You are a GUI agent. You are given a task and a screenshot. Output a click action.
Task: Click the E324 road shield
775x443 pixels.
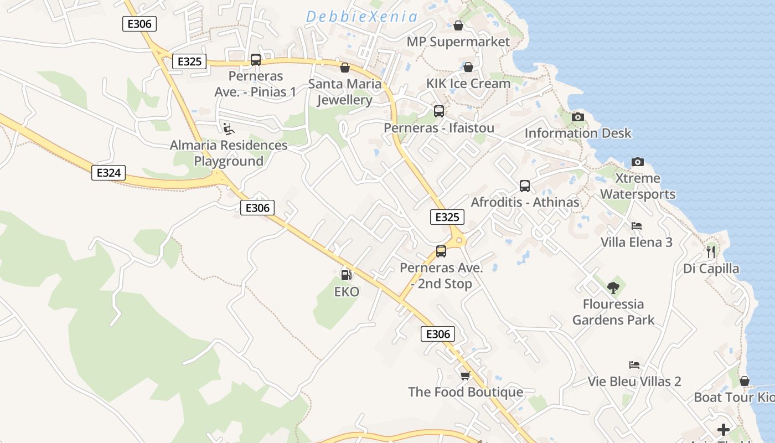pyautogui.click(x=108, y=173)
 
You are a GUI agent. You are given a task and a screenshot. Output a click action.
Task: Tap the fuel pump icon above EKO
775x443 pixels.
pyautogui.click(x=346, y=275)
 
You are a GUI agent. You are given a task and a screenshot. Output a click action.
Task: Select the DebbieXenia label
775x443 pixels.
pyautogui.click(x=361, y=17)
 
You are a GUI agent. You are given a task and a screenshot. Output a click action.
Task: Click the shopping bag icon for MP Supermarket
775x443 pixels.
pyautogui.click(x=458, y=25)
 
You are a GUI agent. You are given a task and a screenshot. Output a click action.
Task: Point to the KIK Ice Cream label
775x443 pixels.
pyautogui.click(x=468, y=84)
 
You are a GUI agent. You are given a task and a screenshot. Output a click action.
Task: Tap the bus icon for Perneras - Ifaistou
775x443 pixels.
pyautogui.click(x=439, y=111)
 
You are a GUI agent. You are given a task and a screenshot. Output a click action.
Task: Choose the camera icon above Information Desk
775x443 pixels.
pyautogui.click(x=578, y=117)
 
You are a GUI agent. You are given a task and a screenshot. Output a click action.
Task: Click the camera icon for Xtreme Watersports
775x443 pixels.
pyautogui.click(x=638, y=162)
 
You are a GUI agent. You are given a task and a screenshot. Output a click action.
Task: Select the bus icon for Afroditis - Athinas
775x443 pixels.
pyautogui.click(x=525, y=186)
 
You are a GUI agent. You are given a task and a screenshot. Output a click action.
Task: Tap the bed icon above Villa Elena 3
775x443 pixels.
pyautogui.click(x=637, y=226)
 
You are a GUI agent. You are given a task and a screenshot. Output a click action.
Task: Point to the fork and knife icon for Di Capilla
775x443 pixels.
pyautogui.click(x=711, y=252)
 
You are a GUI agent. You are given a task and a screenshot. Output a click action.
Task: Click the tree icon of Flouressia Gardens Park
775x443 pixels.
pyautogui.click(x=613, y=287)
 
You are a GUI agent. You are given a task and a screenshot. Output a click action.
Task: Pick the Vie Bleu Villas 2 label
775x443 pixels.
pyautogui.click(x=634, y=382)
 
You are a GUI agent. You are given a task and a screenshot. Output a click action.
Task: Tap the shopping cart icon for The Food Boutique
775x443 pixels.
pyautogui.click(x=465, y=375)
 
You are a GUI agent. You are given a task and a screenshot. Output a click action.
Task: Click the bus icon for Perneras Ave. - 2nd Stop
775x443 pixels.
pyautogui.click(x=441, y=251)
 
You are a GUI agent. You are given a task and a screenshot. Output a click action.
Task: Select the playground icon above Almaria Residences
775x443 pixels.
pyautogui.click(x=228, y=128)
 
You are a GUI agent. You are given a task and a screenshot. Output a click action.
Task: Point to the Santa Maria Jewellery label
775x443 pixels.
pyautogui.click(x=344, y=92)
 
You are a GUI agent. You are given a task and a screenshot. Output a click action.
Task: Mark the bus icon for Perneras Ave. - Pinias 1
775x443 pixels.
pyautogui.click(x=256, y=60)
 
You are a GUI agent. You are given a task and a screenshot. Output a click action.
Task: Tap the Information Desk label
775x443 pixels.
pyautogui.click(x=578, y=133)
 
